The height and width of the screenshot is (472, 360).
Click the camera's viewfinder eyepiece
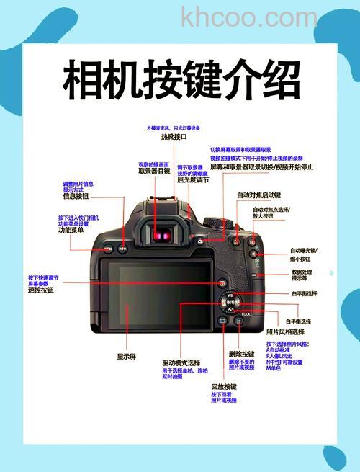tap(164, 234)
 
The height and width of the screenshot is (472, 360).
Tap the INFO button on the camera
tap(122, 249)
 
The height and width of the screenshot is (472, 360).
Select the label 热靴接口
tap(174, 136)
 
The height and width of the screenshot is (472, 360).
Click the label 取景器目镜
tap(154, 172)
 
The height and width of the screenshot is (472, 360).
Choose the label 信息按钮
tap(76, 196)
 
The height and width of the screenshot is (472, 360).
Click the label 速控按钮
tap(41, 290)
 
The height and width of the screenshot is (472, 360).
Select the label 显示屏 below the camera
tap(127, 356)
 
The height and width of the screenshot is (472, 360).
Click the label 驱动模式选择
tap(181, 362)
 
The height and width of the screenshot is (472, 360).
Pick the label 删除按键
tap(241, 354)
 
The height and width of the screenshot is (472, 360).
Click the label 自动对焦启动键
tap(258, 195)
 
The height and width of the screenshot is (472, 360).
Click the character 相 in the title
tap(81, 80)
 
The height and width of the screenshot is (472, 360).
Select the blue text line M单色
tap(274, 368)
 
